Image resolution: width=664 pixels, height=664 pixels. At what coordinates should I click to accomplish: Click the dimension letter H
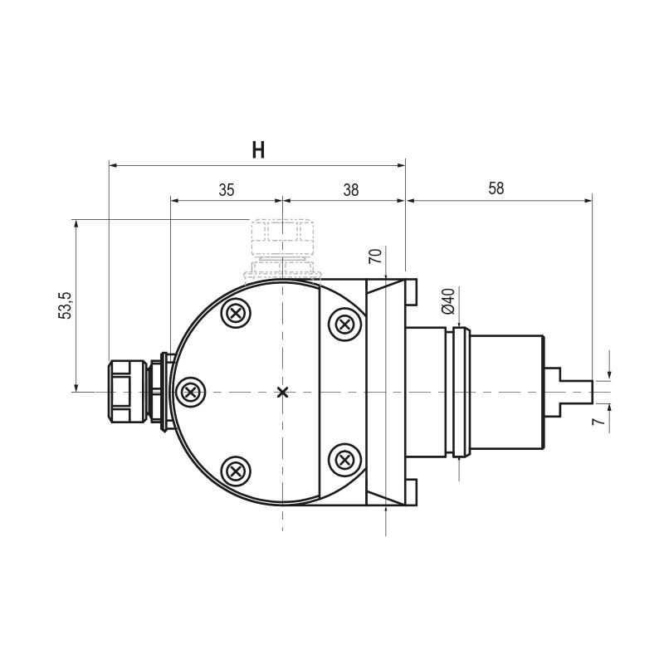[258, 150]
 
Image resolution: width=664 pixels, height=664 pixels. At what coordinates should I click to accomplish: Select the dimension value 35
[227, 190]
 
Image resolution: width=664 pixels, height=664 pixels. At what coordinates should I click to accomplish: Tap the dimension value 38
[350, 190]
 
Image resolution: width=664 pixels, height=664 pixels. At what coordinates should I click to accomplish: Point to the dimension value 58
[496, 188]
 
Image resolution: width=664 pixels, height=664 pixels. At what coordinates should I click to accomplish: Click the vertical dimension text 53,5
[66, 305]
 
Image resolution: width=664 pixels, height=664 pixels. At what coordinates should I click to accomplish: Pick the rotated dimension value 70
[375, 256]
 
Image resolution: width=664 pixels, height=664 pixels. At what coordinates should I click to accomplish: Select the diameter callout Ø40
[447, 301]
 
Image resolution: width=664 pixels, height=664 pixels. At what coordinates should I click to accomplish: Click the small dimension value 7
[598, 421]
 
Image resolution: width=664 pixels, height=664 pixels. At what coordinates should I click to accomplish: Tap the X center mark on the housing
[282, 392]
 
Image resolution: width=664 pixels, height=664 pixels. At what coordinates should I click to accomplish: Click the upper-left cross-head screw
[236, 314]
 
